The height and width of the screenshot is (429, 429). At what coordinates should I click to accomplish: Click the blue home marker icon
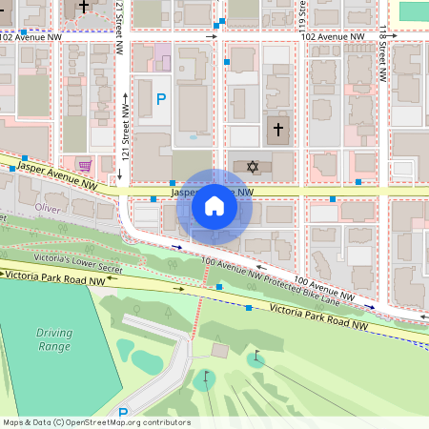(x=214, y=205)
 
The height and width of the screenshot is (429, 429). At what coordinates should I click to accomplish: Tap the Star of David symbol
(x=253, y=167)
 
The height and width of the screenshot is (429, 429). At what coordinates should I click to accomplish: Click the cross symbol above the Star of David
(x=278, y=128)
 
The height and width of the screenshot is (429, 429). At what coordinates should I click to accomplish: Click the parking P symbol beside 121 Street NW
(x=160, y=98)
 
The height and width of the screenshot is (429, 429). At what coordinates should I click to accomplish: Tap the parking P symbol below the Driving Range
(x=121, y=414)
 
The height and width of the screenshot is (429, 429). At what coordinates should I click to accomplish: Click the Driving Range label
(x=53, y=339)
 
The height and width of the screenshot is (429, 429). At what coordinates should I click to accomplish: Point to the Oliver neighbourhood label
(x=47, y=207)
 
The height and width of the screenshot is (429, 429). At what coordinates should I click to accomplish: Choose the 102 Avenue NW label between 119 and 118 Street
(x=332, y=36)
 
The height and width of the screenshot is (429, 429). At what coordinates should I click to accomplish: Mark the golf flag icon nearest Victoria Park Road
(x=255, y=357)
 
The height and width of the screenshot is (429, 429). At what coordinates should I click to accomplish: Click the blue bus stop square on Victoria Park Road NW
(x=249, y=308)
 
